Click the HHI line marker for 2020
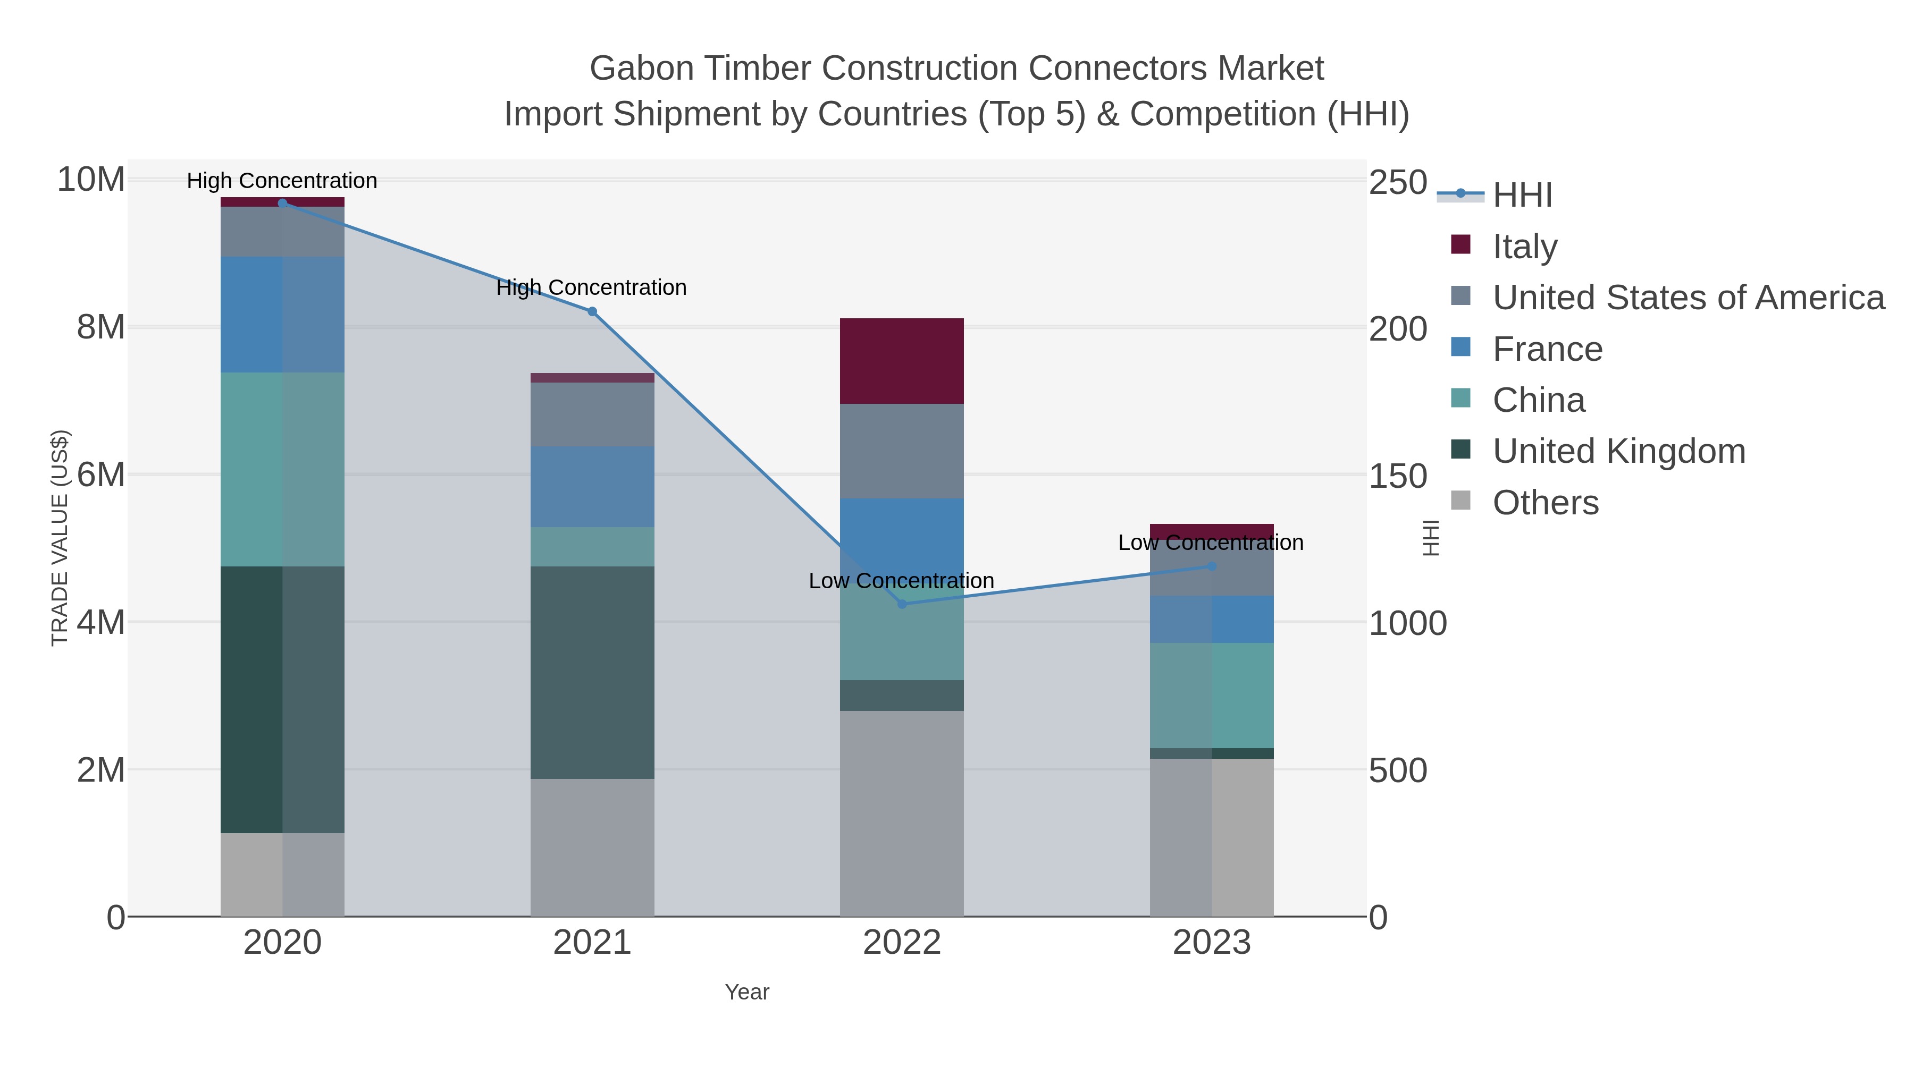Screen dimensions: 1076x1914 pos(282,203)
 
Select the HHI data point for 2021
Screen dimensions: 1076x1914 pos(592,312)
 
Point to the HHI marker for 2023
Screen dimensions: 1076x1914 pos(1212,566)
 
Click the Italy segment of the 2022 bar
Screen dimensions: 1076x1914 pos(902,361)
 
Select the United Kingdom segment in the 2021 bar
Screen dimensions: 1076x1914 pos(592,672)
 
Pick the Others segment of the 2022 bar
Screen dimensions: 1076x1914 pos(902,813)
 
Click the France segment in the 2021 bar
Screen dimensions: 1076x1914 pos(592,486)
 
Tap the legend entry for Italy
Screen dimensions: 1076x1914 pos(1525,246)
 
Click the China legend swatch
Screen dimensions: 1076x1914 pos(1461,398)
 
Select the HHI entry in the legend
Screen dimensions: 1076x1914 pos(1522,194)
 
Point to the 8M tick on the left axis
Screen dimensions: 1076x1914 pos(101,327)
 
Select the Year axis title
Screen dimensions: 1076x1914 pos(747,992)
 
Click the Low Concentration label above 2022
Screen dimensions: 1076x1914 pos(901,581)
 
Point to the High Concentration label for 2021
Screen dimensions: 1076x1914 pos(591,287)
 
